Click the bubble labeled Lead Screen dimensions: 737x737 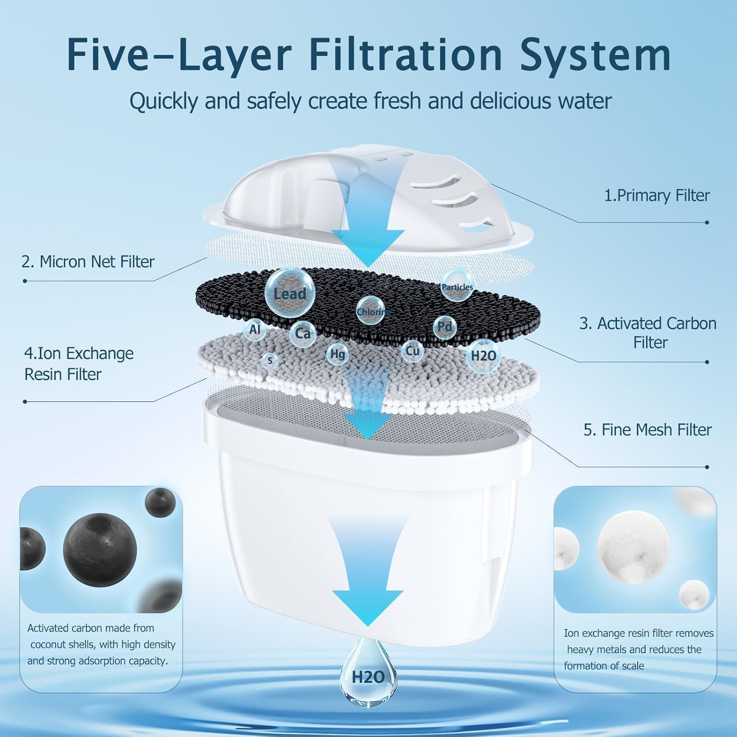pyautogui.click(x=289, y=293)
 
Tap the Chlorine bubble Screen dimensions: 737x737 pyautogui.click(x=371, y=311)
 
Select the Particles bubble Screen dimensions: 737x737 pyautogui.click(x=457, y=286)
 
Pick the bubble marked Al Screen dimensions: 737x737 pyautogui.click(x=255, y=329)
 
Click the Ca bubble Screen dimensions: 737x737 pyautogui.click(x=303, y=334)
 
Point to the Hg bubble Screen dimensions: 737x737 pyautogui.click(x=338, y=354)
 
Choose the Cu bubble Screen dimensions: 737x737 pyautogui.click(x=412, y=351)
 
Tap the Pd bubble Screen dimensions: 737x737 pyautogui.click(x=445, y=326)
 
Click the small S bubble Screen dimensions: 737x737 pyautogui.click(x=270, y=361)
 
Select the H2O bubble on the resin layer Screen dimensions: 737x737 pyautogui.click(x=483, y=356)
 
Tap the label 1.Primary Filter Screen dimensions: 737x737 pyautogui.click(x=656, y=196)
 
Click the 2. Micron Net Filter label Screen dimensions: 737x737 pyautogui.click(x=88, y=261)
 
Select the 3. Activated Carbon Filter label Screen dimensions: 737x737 pyautogui.click(x=648, y=333)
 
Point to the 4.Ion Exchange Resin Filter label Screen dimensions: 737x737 pyautogui.click(x=79, y=364)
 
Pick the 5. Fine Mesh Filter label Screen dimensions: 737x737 pyautogui.click(x=647, y=430)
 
